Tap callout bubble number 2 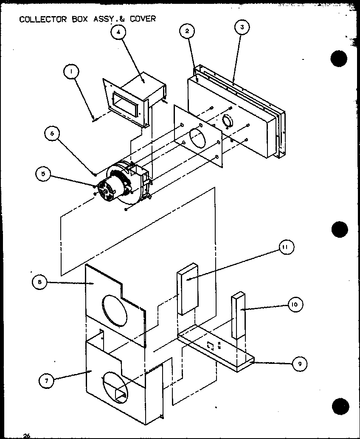click(x=187, y=31)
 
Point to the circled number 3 click(x=242, y=28)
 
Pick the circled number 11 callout click(x=286, y=248)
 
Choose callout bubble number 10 click(x=296, y=304)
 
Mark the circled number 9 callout click(x=300, y=363)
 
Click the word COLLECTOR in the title click(x=41, y=19)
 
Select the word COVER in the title click(x=142, y=19)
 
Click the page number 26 click(x=27, y=435)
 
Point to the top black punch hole click(x=339, y=59)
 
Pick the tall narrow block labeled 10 click(x=238, y=315)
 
